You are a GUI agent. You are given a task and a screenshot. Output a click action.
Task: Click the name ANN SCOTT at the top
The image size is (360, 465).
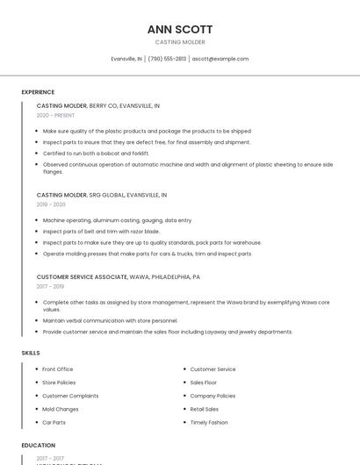[x=179, y=29]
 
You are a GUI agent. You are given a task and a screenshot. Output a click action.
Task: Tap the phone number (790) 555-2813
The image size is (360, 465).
[x=167, y=59]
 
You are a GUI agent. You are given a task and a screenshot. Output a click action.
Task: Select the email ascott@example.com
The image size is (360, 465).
[x=220, y=59]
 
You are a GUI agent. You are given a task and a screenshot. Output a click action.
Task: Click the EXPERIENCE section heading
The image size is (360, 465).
[x=38, y=92]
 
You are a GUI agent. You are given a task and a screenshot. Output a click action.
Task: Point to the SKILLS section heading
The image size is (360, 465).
[x=31, y=353]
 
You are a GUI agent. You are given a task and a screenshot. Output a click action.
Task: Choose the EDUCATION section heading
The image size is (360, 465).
[x=39, y=446]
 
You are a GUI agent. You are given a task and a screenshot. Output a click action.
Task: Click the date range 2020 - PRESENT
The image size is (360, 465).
[x=55, y=115]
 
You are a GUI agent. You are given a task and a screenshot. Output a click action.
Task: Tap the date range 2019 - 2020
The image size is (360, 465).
[x=51, y=204]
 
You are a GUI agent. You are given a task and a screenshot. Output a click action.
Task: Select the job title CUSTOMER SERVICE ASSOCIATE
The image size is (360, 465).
[x=82, y=276]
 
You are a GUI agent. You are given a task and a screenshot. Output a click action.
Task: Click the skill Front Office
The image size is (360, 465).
[x=58, y=369]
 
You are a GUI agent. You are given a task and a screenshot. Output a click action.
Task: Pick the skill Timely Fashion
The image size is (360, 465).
[x=209, y=422]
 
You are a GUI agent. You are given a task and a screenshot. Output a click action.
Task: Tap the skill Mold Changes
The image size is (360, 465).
[x=61, y=409]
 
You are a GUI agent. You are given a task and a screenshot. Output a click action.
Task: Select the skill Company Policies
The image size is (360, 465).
[x=213, y=396]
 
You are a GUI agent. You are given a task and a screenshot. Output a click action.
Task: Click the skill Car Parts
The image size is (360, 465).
[x=54, y=422]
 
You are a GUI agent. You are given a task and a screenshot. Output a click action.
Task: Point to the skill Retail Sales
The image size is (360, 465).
[x=205, y=409]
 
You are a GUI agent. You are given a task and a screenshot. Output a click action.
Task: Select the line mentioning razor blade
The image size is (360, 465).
[x=101, y=232]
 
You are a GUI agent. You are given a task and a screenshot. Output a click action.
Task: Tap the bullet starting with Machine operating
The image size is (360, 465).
[x=117, y=220]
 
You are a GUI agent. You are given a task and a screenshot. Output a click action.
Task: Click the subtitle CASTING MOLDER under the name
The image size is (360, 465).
[x=180, y=42]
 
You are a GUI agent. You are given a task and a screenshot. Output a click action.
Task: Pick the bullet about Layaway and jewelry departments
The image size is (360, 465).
[x=167, y=332]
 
